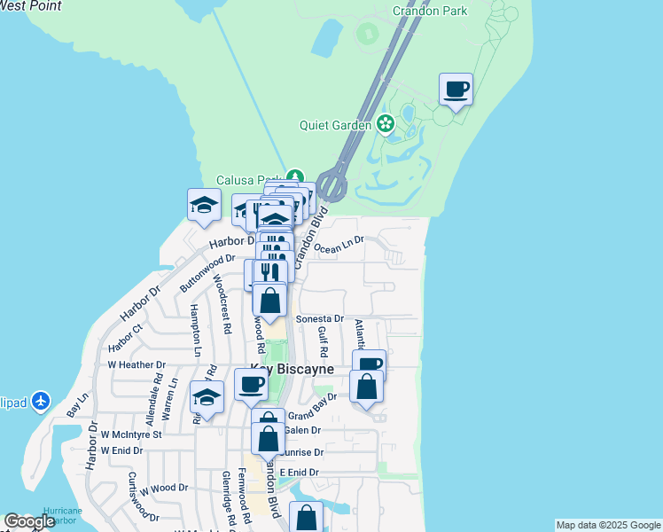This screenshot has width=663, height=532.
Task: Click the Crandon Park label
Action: click(429, 12)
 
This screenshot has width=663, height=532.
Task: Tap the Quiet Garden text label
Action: click(336, 125)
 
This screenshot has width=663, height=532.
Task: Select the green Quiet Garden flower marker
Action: click(386, 123)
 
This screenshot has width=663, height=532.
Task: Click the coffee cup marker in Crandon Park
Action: click(456, 90)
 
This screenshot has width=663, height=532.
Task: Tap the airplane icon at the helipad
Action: click(41, 402)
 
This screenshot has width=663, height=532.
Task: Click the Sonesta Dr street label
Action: click(319, 318)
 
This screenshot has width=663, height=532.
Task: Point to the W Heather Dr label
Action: click(136, 364)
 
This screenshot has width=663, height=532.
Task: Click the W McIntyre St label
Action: click(131, 435)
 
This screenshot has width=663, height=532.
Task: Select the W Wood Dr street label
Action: click(157, 488)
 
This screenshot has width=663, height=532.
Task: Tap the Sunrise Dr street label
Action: click(302, 452)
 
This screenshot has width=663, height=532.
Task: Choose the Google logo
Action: click(29, 521)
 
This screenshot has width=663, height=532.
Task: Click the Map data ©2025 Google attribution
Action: click(607, 525)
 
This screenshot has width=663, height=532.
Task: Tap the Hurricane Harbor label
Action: click(62, 516)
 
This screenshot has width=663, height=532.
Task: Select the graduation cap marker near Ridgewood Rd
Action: click(207, 397)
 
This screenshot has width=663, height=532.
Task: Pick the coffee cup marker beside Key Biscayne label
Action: click(251, 385)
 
